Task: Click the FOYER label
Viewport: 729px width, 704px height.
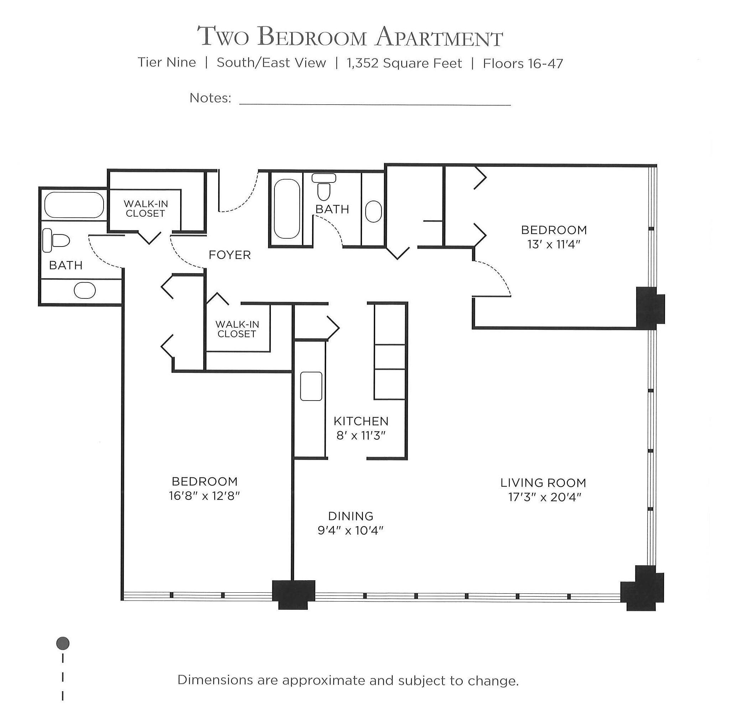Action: coord(230,255)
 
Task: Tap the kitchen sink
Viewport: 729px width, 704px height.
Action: coord(311,386)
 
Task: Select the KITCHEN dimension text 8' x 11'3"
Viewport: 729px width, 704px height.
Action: coord(361,435)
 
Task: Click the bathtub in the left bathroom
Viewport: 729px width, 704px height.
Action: coord(74,205)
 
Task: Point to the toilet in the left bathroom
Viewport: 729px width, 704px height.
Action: coord(57,240)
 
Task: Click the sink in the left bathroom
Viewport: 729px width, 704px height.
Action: coord(85,290)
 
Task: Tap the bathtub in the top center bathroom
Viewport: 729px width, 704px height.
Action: coord(287,209)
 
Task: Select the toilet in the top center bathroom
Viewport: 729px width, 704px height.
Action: coord(324,188)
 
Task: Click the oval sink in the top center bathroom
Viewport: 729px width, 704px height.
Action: coord(373,212)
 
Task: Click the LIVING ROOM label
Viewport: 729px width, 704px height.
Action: coord(543,483)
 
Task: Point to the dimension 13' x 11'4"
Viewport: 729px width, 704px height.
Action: coord(554,245)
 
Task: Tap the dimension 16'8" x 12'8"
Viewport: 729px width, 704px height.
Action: coord(204,496)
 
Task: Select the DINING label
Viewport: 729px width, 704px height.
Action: coord(350,516)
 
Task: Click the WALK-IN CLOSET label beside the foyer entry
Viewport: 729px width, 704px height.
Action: coord(146,208)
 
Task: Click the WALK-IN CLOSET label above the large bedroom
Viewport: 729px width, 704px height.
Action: coord(237,329)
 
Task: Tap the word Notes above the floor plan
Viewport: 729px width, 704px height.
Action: coord(210,98)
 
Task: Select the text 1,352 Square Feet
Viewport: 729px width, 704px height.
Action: coord(404,63)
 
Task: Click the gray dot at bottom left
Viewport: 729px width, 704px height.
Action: coord(63,643)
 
